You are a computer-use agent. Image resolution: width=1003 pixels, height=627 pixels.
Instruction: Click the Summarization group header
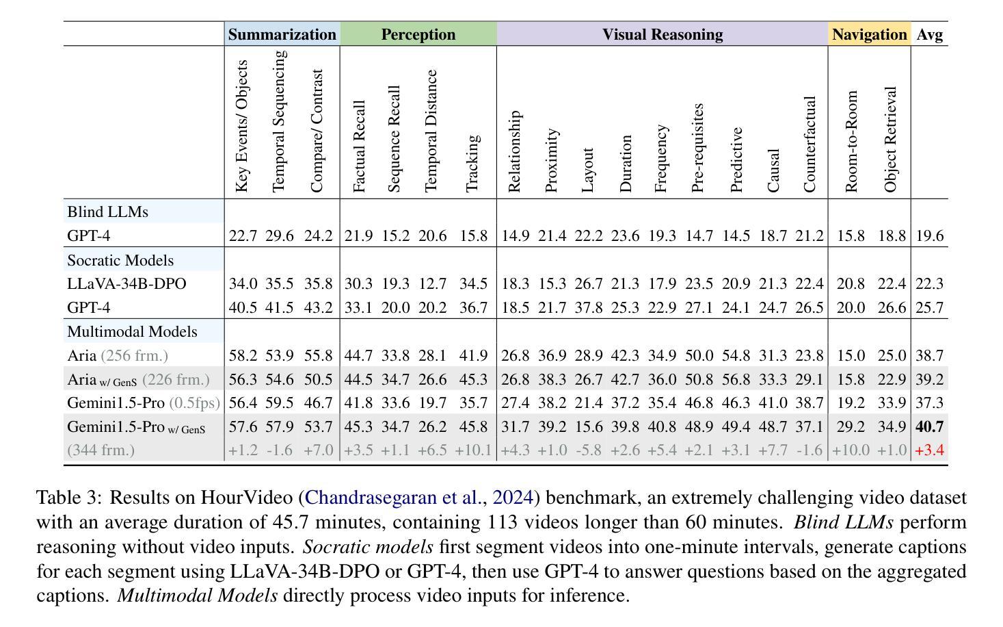(x=282, y=34)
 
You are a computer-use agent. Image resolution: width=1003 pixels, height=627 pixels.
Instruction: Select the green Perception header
(x=418, y=34)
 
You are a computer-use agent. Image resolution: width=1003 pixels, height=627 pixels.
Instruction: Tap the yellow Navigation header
(x=869, y=34)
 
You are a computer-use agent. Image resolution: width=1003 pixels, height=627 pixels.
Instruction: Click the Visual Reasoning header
(x=663, y=34)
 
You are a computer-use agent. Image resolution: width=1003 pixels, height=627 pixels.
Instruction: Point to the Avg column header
(x=930, y=34)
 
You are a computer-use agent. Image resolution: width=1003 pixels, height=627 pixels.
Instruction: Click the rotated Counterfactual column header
(x=810, y=144)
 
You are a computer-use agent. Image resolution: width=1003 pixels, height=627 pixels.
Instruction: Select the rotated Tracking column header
(x=473, y=164)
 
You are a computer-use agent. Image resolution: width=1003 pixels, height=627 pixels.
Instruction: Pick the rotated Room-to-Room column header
(x=851, y=142)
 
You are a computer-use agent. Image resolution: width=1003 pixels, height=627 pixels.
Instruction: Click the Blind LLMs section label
(x=107, y=212)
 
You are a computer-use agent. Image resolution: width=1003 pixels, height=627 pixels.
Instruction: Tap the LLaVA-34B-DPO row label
(x=126, y=283)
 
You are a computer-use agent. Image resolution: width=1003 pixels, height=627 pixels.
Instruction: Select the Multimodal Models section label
(x=132, y=332)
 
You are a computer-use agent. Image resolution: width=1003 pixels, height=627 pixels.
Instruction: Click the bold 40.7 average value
(x=930, y=426)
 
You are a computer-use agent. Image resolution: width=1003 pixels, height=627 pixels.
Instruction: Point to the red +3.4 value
(x=930, y=450)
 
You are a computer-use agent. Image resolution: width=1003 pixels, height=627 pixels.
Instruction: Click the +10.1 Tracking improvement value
(x=473, y=450)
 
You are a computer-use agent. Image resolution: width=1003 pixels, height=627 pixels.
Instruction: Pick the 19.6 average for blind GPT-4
(x=930, y=235)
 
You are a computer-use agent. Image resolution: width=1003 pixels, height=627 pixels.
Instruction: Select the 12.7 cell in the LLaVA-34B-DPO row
(x=433, y=283)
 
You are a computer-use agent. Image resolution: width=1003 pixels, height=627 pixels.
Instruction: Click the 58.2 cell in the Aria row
(x=243, y=355)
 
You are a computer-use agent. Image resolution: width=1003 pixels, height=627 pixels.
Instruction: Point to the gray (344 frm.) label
(x=101, y=450)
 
